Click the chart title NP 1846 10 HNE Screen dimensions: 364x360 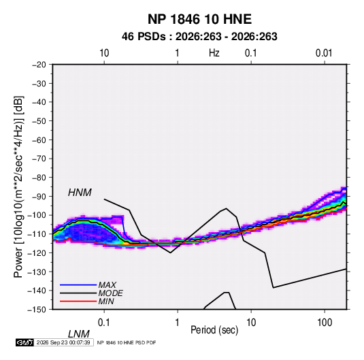pyautogui.click(x=199, y=19)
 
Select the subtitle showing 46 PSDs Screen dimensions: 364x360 pyautogui.click(x=199, y=37)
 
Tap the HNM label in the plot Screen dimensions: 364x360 pyautogui.click(x=80, y=193)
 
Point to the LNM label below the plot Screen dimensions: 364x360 pyautogui.click(x=78, y=334)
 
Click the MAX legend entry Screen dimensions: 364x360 pyautogui.click(x=107, y=284)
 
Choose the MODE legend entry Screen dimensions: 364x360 pyautogui.click(x=110, y=293)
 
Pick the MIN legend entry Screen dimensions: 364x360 pyautogui.click(x=106, y=301)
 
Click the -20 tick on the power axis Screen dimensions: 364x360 pyautogui.click(x=39, y=65)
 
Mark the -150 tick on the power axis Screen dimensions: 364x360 pyautogui.click(x=37, y=310)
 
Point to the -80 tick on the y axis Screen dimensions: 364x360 pyautogui.click(x=39, y=178)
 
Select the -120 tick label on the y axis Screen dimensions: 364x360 pyautogui.click(x=37, y=252)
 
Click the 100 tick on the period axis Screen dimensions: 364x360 pyautogui.click(x=325, y=323)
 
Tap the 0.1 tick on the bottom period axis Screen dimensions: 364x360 pyautogui.click(x=103, y=323)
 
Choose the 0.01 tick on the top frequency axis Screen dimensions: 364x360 pyautogui.click(x=324, y=53)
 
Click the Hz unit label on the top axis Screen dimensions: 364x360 pyautogui.click(x=214, y=53)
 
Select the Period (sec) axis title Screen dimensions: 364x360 pyautogui.click(x=214, y=330)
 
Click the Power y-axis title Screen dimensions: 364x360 pyautogui.click(x=19, y=187)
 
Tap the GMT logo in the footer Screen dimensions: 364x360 pyautogui.click(x=25, y=342)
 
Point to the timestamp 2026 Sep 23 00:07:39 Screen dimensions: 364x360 pyautogui.click(x=63, y=342)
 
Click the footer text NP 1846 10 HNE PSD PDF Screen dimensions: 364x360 pyautogui.click(x=127, y=342)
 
